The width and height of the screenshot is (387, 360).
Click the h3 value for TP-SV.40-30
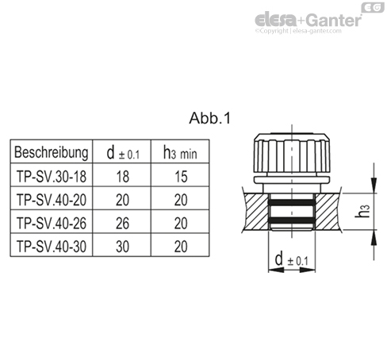click(180, 247)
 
